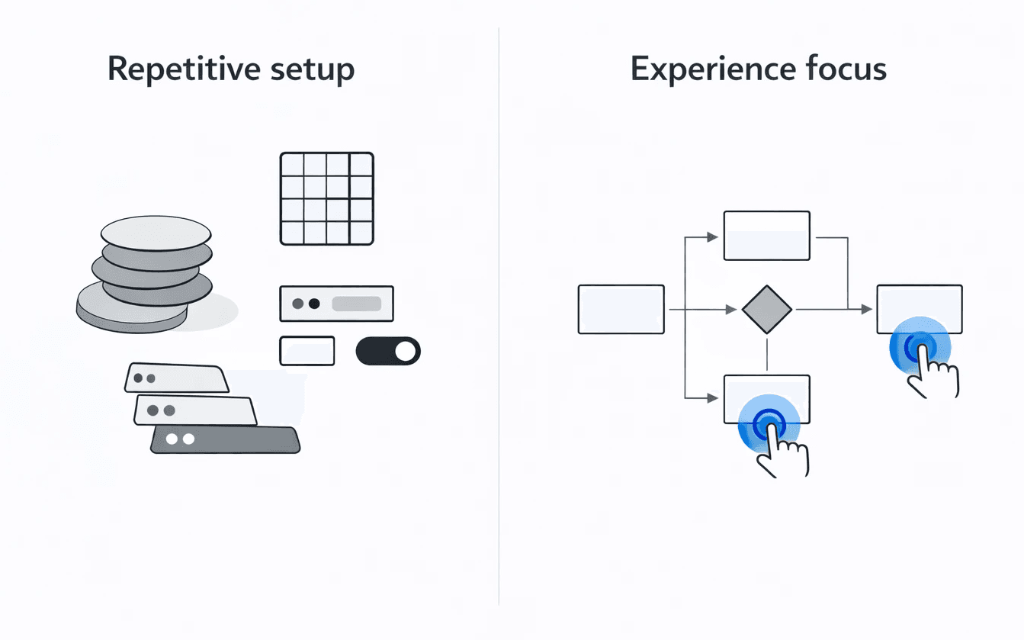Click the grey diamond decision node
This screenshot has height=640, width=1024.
coord(766,310)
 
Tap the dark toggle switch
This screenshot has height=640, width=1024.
coord(388,351)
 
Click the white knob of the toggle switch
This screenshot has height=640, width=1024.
coord(406,351)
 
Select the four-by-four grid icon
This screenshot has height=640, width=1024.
coord(326,198)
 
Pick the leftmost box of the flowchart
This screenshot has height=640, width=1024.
coord(621,309)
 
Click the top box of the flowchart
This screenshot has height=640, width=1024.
coord(766,236)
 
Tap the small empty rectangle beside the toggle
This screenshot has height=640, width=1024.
coord(307,351)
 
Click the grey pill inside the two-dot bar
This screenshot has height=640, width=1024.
coord(356,304)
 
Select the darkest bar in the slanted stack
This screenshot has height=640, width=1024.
coord(225,439)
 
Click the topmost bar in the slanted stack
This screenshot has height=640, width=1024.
coord(177,378)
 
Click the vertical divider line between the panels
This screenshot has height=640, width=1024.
coord(499,320)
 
